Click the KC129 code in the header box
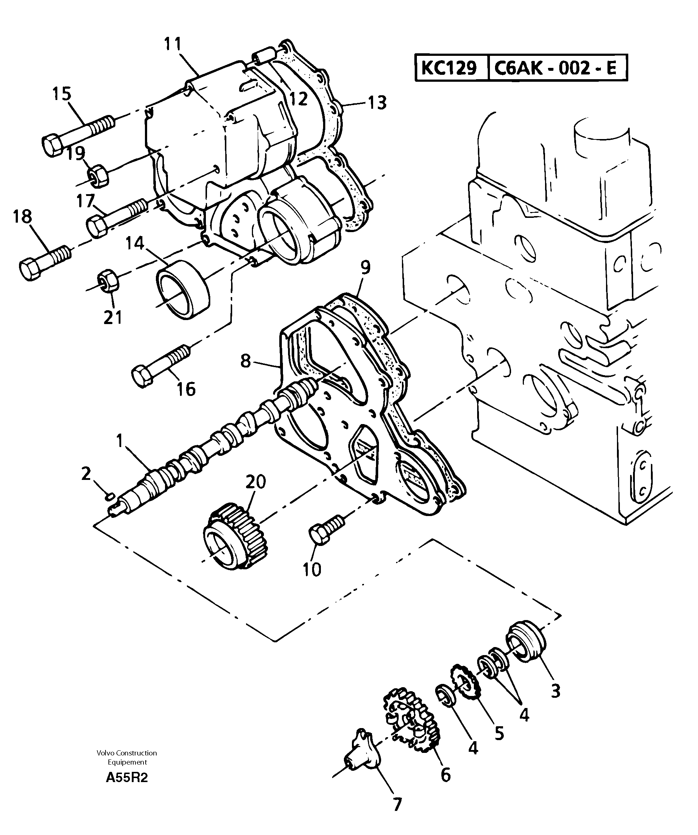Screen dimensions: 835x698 (449, 68)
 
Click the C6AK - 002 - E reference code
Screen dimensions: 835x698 (555, 68)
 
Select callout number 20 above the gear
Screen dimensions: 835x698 (255, 482)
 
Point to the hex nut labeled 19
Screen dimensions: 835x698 (98, 175)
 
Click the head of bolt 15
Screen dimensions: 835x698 (52, 145)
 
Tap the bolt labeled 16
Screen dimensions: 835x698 (159, 365)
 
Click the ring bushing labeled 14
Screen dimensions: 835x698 (183, 289)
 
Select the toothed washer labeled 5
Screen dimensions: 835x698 (465, 684)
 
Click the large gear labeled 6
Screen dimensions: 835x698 (412, 724)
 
